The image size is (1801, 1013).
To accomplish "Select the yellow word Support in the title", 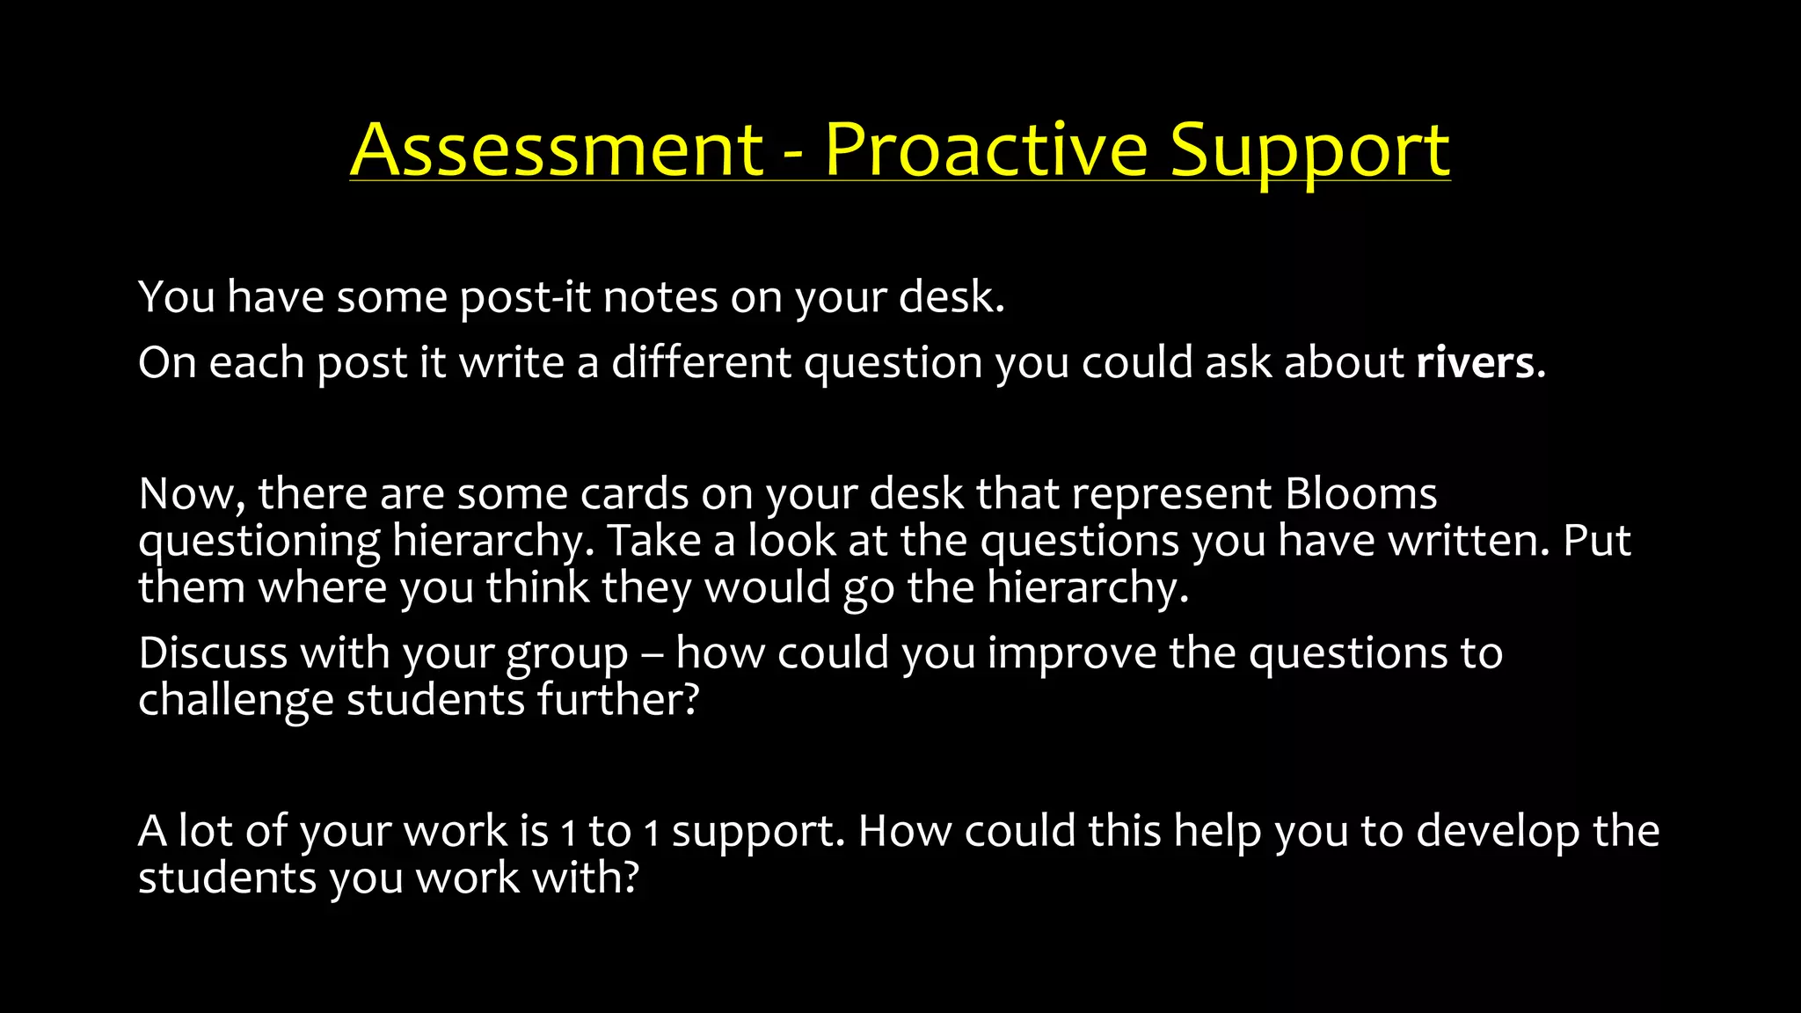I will click(x=1309, y=151).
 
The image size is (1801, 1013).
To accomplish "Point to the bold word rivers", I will click(x=1480, y=362).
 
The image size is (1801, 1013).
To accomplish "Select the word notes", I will click(x=660, y=297).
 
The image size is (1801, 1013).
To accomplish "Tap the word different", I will click(x=701, y=362).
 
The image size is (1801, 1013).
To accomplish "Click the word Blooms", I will click(x=1360, y=493).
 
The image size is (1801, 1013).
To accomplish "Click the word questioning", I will click(x=259, y=542).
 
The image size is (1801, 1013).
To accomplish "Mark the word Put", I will click(x=1597, y=540).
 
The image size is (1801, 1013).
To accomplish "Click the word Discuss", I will click(x=213, y=652).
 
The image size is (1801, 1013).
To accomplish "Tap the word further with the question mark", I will click(x=618, y=700).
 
